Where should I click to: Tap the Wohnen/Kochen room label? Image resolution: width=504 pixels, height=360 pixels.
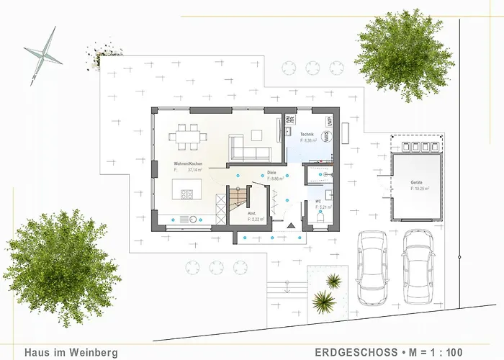click(x=187, y=165)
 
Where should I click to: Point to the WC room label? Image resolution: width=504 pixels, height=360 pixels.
click(x=318, y=201)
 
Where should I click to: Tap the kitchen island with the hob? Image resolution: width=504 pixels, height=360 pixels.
click(x=189, y=193)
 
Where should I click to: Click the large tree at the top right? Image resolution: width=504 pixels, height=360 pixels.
click(x=403, y=54)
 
